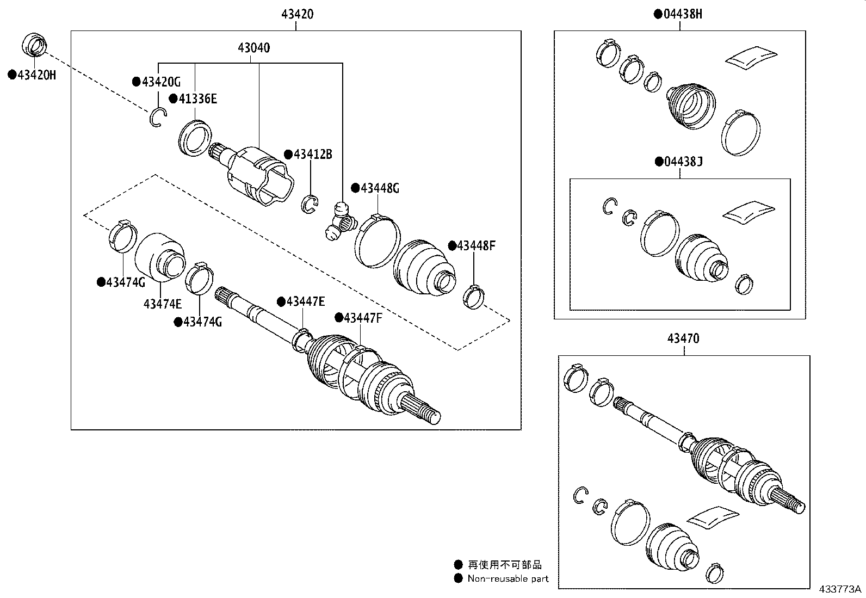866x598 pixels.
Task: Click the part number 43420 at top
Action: (x=297, y=15)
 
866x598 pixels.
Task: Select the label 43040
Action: (x=253, y=48)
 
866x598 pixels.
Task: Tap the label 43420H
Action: (x=36, y=75)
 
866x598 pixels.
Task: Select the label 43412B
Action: (x=312, y=155)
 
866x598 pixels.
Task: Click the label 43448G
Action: (x=379, y=189)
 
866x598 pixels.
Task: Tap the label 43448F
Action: (x=475, y=245)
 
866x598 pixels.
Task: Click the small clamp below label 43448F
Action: (x=473, y=297)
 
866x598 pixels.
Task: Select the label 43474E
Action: (x=162, y=304)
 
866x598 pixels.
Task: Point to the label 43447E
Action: (x=305, y=301)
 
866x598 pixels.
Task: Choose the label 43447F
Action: (x=363, y=318)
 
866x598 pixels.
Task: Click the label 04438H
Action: (x=682, y=14)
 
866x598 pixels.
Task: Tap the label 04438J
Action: (x=683, y=162)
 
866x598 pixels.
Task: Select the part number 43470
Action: (x=683, y=338)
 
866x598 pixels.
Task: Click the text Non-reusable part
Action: (x=508, y=579)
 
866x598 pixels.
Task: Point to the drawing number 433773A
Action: (x=840, y=589)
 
